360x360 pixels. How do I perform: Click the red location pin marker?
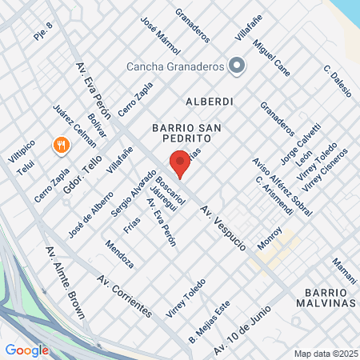point(179,162)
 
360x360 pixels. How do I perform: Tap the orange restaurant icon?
point(59,145)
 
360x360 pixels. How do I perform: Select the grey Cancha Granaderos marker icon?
point(236,66)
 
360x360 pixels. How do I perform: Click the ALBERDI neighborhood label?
point(209,102)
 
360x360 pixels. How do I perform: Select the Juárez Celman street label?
point(74,126)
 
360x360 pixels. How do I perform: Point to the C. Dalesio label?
point(338,81)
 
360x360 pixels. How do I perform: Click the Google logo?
point(27,350)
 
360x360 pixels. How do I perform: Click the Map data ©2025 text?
point(325,354)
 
